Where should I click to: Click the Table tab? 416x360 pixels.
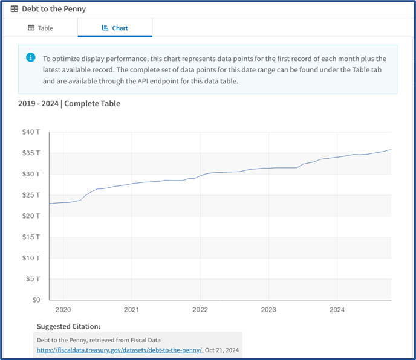click(x=41, y=28)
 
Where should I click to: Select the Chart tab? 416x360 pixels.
click(x=115, y=28)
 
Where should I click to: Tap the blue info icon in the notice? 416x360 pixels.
click(x=30, y=57)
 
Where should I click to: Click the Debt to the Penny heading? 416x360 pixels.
click(x=54, y=9)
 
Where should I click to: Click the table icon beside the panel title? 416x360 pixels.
click(x=15, y=9)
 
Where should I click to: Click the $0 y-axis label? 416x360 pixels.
click(x=36, y=300)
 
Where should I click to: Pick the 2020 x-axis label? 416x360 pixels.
click(x=63, y=309)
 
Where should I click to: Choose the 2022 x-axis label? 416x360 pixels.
click(x=200, y=309)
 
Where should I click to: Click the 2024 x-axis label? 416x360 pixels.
click(x=337, y=309)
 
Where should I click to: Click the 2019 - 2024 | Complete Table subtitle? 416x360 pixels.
click(x=69, y=104)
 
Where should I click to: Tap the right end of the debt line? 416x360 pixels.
click(x=391, y=150)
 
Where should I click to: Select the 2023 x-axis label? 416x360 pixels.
click(x=268, y=309)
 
